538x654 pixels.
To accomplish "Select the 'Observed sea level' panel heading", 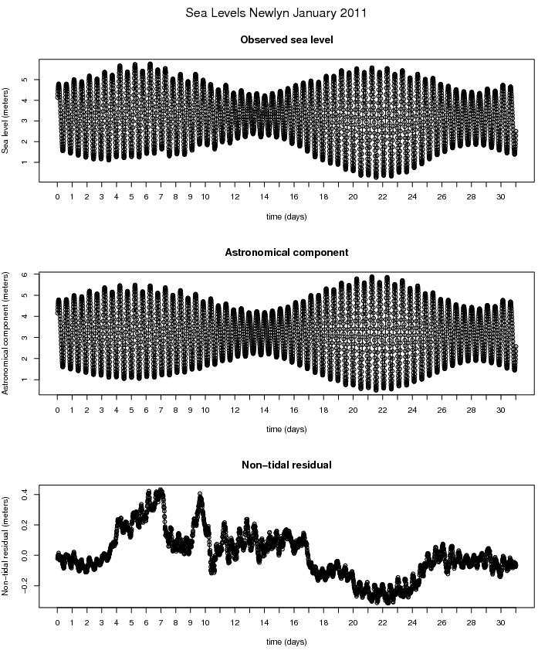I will [286, 40].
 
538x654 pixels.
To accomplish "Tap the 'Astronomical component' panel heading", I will [286, 253].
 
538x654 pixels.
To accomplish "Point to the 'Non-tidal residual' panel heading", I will [286, 465].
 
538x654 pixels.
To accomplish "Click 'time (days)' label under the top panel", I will [286, 217].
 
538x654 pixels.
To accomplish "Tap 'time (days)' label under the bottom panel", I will [286, 642].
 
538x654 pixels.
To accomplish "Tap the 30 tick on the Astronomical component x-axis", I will [501, 410].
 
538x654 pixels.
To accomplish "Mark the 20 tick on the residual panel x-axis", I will [353, 622].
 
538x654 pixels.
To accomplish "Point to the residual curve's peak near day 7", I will [161, 490].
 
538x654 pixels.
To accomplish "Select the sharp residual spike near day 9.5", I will [200, 494].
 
